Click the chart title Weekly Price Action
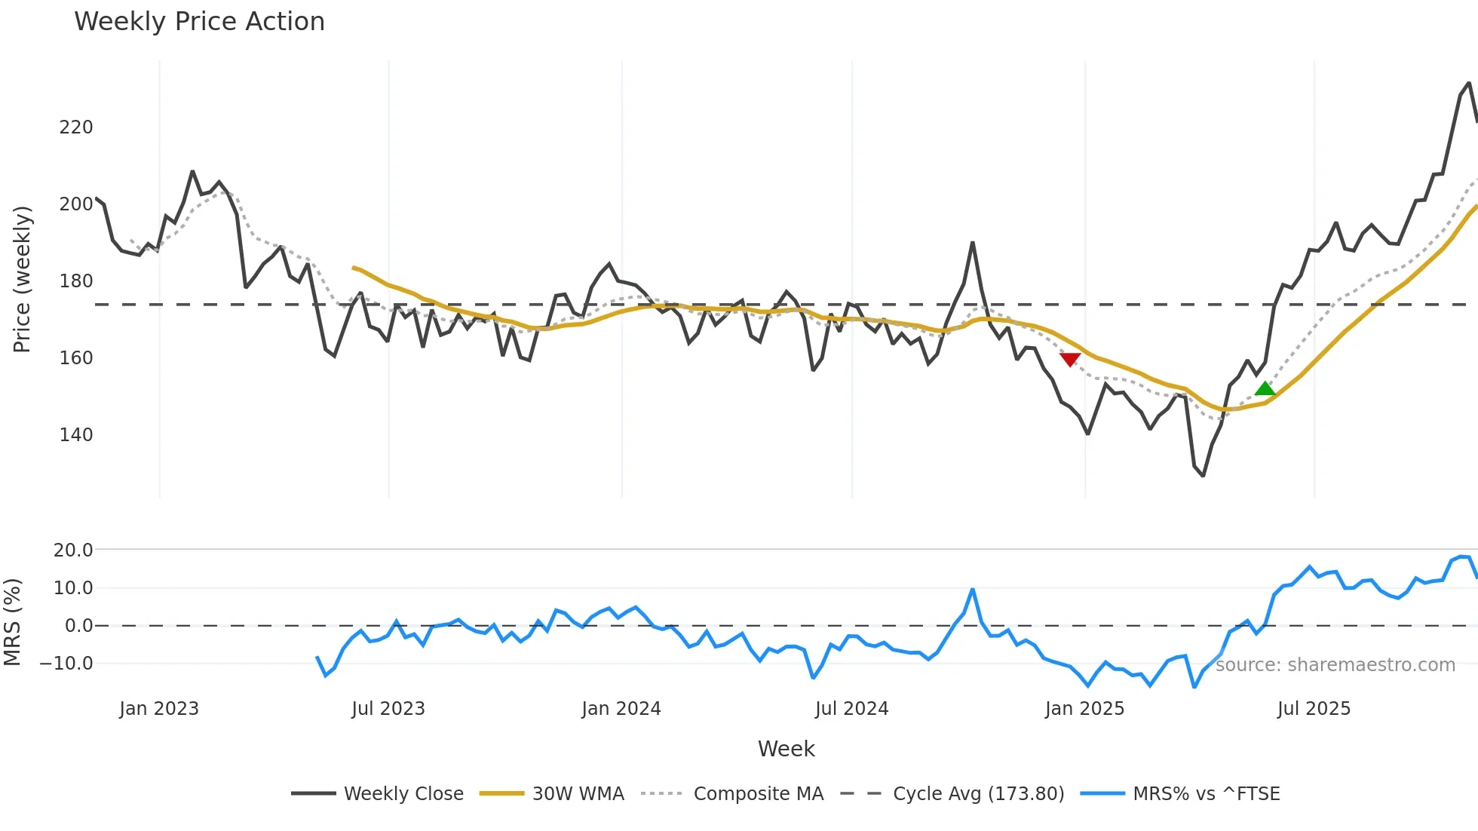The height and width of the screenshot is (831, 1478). pyautogui.click(x=199, y=22)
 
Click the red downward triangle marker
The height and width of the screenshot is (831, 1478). pyautogui.click(x=1070, y=359)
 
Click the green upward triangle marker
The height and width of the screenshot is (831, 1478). pyautogui.click(x=1265, y=389)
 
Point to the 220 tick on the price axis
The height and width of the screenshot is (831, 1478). pyautogui.click(x=76, y=127)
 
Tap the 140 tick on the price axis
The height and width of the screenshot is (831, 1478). pyautogui.click(x=76, y=435)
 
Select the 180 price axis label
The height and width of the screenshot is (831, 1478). pyautogui.click(x=76, y=281)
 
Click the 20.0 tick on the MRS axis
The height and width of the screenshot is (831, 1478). pyautogui.click(x=73, y=550)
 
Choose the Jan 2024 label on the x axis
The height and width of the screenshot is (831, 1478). pyautogui.click(x=621, y=709)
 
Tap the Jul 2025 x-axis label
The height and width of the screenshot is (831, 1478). pyautogui.click(x=1314, y=709)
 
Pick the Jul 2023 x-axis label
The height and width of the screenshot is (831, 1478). pyautogui.click(x=388, y=709)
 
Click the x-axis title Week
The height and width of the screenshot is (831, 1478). pyautogui.click(x=786, y=749)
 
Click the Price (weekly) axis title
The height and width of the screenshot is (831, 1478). pyautogui.click(x=23, y=279)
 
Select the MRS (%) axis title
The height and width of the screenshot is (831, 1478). pyautogui.click(x=12, y=622)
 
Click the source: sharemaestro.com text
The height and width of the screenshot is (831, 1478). pyautogui.click(x=1335, y=665)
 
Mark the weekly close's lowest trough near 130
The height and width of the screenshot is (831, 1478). pyautogui.click(x=1203, y=475)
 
